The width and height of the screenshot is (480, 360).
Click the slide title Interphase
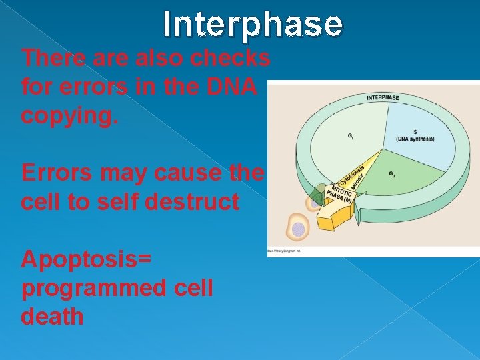click(x=253, y=25)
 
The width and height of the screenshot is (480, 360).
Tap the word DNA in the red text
click(x=237, y=87)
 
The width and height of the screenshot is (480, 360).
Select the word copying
click(x=69, y=116)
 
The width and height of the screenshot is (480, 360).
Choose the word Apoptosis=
click(x=86, y=259)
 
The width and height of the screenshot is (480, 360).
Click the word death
click(x=52, y=316)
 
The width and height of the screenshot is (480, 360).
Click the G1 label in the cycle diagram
click(x=351, y=136)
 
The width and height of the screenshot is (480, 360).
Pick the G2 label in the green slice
click(x=393, y=175)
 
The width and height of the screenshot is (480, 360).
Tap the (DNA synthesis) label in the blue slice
click(x=415, y=138)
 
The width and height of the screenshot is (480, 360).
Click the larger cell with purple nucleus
click(x=297, y=228)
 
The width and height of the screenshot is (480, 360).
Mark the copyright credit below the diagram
click(x=284, y=251)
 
